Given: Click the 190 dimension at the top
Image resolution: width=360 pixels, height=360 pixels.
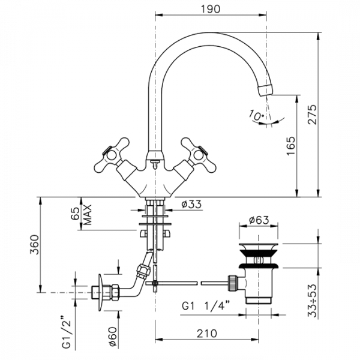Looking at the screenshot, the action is [x=211, y=9].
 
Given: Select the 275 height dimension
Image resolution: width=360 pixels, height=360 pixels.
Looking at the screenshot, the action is [x=312, y=115].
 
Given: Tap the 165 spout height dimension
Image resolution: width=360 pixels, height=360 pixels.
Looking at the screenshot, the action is [x=291, y=146].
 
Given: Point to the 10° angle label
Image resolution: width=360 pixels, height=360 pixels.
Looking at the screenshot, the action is [x=256, y=115].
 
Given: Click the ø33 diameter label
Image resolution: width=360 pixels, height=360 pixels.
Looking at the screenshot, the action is [x=191, y=204].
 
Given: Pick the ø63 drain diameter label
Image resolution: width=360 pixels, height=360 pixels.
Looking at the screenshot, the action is [x=259, y=220].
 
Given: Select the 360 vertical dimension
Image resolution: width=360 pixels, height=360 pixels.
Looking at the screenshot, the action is [x=34, y=244].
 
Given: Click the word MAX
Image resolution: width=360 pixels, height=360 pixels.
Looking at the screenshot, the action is [x=87, y=215].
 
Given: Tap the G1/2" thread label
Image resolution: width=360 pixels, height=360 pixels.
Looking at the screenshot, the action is [x=66, y=332].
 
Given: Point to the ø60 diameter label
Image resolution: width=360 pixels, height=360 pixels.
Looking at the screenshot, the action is [x=113, y=337].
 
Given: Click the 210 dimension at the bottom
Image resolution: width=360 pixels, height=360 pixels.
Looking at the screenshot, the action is [x=206, y=334].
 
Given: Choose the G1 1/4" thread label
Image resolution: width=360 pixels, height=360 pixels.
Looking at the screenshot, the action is [x=206, y=305].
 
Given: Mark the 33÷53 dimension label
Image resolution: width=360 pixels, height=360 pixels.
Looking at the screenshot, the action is [x=312, y=301].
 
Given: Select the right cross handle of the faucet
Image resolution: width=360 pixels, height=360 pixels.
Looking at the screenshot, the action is [x=199, y=155].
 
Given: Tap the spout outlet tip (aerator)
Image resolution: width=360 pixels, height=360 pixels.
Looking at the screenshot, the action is [x=265, y=91].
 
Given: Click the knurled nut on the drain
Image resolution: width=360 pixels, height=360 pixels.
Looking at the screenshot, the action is [x=232, y=283].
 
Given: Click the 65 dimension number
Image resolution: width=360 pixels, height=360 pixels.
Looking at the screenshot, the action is [x=75, y=214].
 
